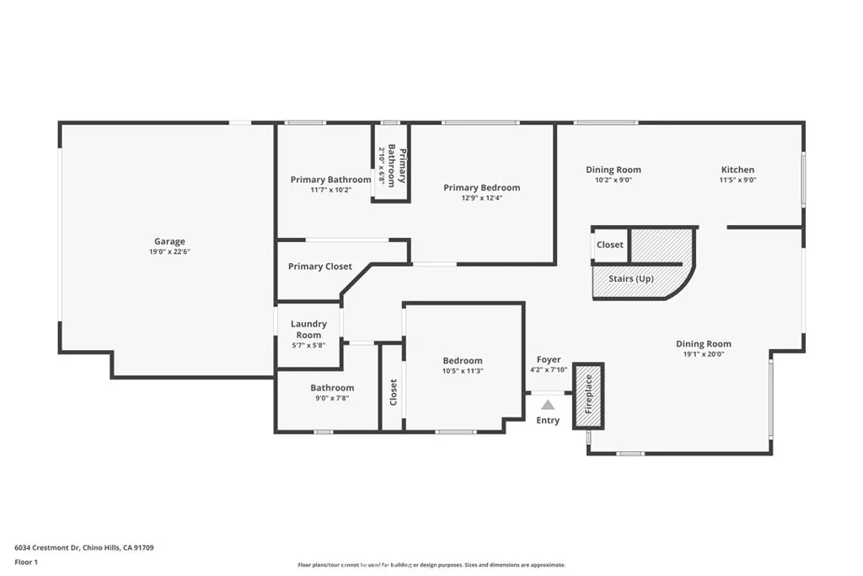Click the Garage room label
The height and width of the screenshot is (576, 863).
click(169, 241)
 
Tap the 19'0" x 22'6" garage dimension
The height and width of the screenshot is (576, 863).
click(169, 252)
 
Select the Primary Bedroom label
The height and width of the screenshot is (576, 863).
click(481, 187)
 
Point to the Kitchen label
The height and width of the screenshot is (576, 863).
click(737, 170)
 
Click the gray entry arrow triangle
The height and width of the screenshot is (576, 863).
click(548, 406)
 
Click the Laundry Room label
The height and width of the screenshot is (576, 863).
click(308, 329)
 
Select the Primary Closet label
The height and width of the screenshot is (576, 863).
click(320, 266)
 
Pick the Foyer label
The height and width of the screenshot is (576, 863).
click(548, 359)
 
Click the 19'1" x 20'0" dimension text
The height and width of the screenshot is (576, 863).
click(704, 354)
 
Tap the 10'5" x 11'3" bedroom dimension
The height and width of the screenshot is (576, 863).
click(463, 371)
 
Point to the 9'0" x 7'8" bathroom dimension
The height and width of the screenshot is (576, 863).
click(332, 398)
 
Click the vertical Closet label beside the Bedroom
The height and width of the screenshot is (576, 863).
click(393, 392)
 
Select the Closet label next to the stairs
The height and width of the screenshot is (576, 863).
click(610, 245)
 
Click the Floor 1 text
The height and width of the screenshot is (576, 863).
click(26, 562)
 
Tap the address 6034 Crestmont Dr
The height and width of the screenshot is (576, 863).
click(47, 547)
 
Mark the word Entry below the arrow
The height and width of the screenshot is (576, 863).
click(548, 421)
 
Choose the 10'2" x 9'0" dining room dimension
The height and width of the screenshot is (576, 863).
click(614, 180)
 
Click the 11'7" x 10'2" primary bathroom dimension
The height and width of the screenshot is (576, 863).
click(330, 190)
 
